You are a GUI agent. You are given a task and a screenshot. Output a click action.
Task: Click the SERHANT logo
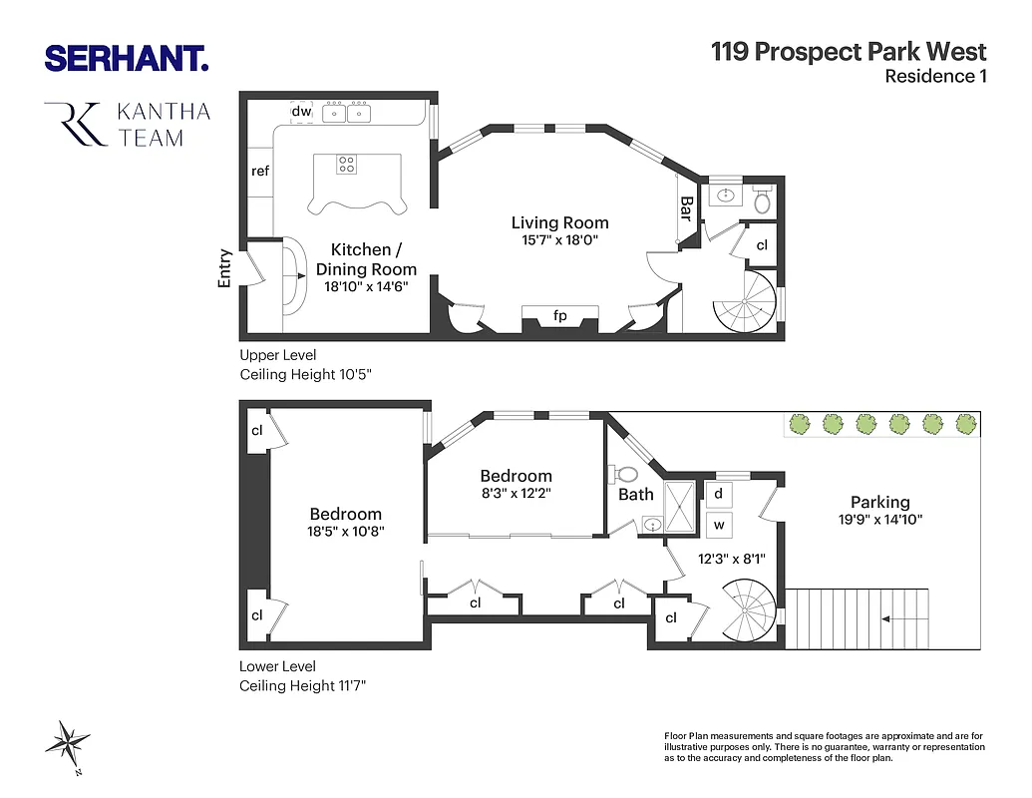point(127,58)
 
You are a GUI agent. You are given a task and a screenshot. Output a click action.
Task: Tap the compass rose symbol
point(67,744)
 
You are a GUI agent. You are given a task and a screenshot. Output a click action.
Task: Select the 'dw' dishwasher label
point(301,112)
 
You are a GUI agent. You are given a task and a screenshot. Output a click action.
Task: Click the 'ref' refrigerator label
point(260,171)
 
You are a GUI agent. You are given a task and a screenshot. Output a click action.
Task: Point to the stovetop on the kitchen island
point(347,165)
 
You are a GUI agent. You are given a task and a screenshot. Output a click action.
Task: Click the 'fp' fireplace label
point(560,316)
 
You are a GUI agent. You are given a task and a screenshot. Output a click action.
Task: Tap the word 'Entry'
point(224,268)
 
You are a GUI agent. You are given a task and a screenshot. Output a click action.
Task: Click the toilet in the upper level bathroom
point(763,202)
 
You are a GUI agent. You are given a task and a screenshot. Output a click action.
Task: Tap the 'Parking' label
point(879,502)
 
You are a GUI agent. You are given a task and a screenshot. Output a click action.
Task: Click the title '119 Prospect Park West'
point(849,52)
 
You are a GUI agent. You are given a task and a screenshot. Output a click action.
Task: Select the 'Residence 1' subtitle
point(935,77)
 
